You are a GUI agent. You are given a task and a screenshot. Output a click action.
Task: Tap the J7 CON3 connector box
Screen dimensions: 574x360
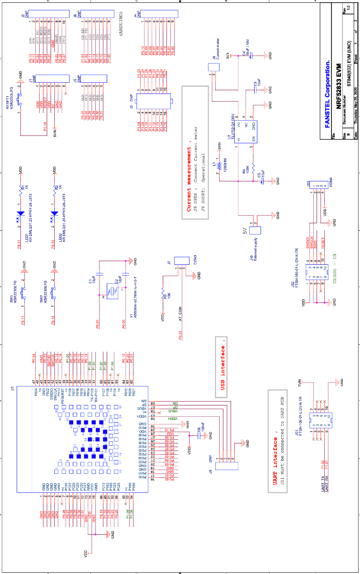(x=181, y=261)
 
